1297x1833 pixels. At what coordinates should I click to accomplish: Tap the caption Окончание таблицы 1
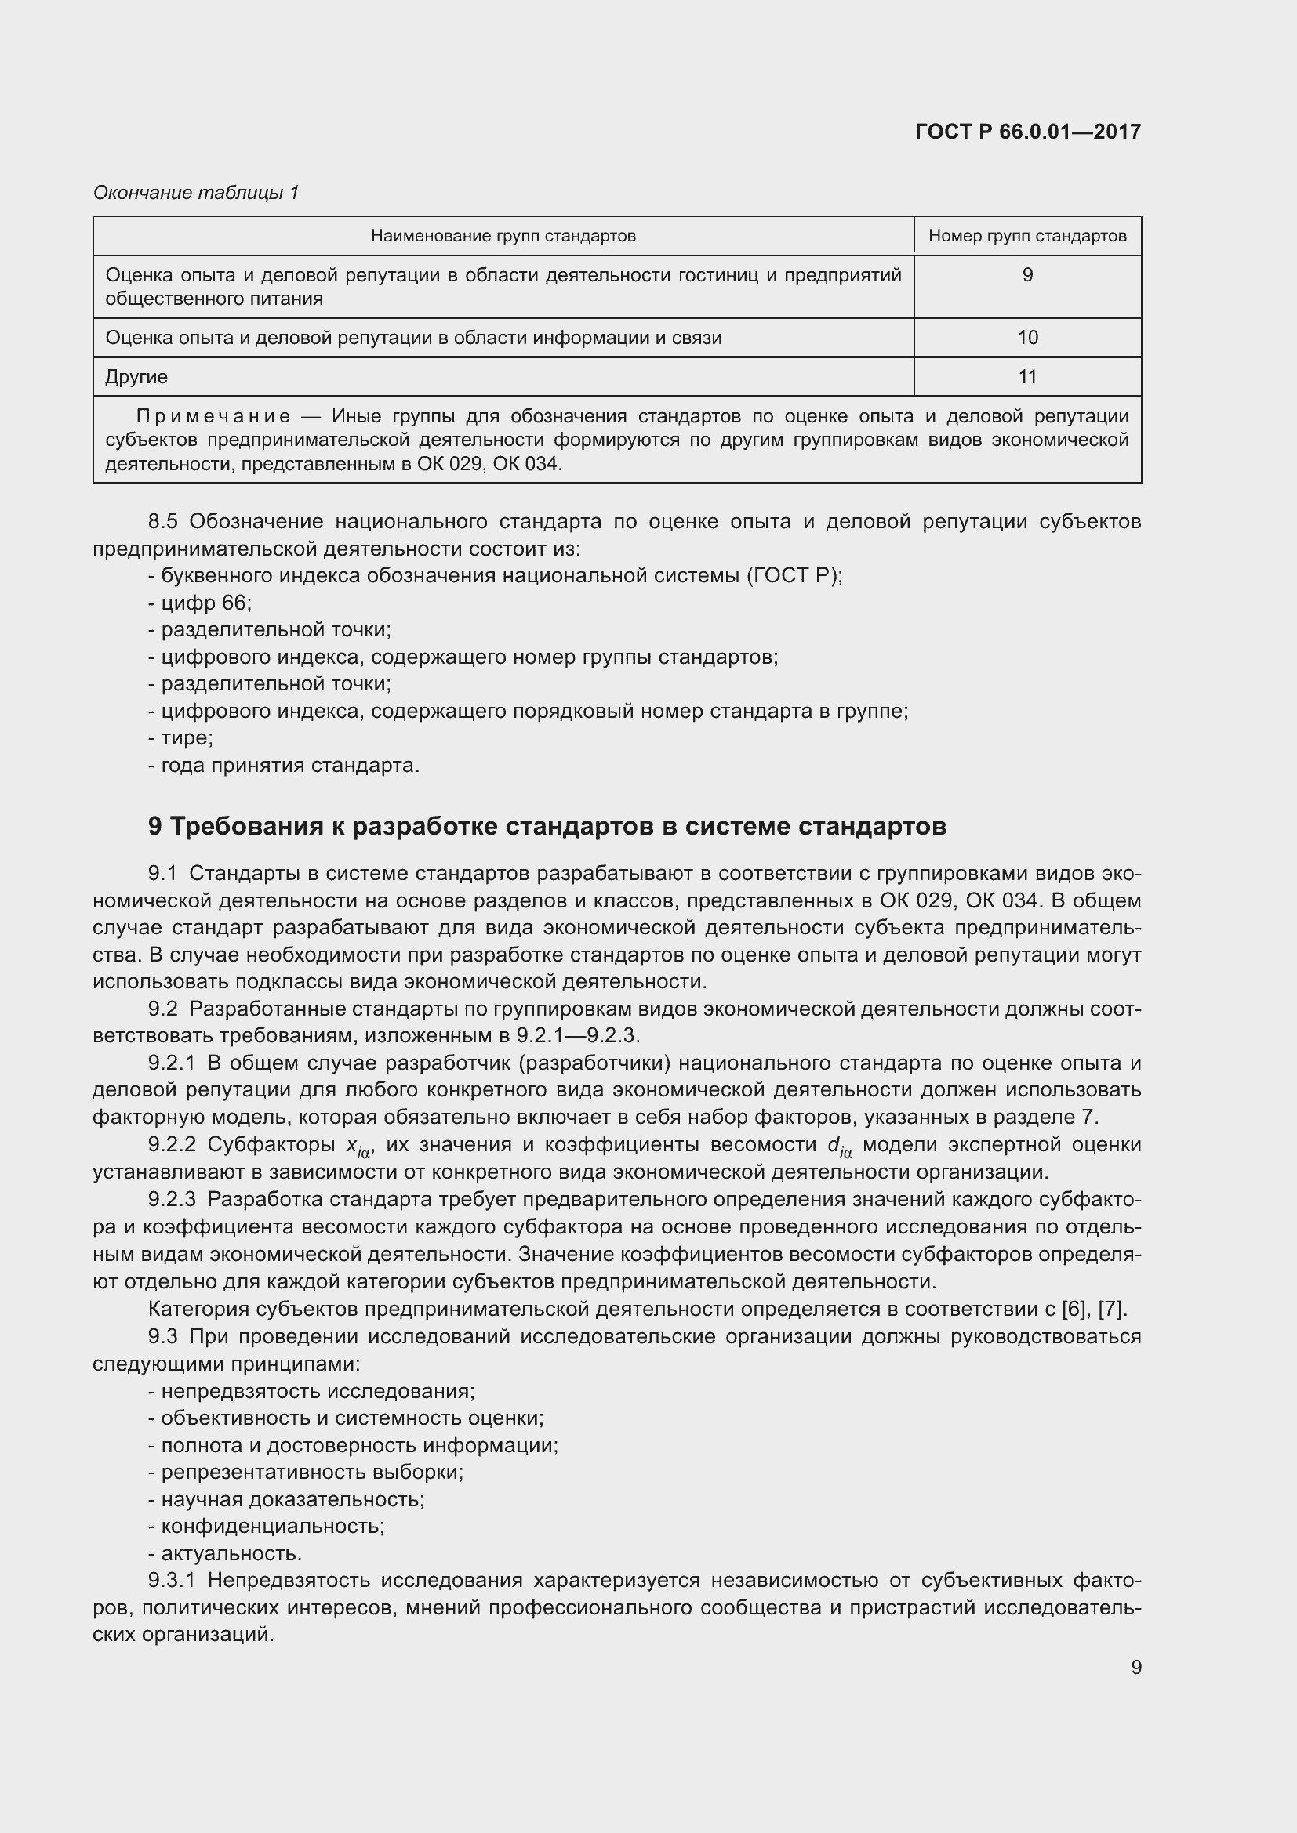pyautogui.click(x=196, y=193)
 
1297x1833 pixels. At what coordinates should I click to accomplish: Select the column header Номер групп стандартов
pyautogui.click(x=1027, y=236)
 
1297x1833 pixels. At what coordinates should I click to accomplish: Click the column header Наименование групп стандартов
pyautogui.click(x=503, y=236)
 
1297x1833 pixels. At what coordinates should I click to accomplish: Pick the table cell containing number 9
pyautogui.click(x=1027, y=275)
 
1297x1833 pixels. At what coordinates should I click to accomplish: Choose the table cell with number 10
pyautogui.click(x=1027, y=338)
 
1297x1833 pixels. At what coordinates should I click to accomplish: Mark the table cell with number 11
pyautogui.click(x=1027, y=377)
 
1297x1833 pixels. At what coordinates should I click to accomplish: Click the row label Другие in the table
pyautogui.click(x=136, y=377)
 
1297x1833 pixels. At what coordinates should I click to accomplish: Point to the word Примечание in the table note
pyautogui.click(x=213, y=417)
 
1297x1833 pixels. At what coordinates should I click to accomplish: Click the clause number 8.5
pyautogui.click(x=162, y=522)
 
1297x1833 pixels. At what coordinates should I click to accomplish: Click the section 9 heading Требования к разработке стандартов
pyautogui.click(x=547, y=826)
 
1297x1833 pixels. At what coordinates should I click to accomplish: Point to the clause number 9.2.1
pyautogui.click(x=172, y=1063)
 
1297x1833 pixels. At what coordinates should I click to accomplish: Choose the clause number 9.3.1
pyautogui.click(x=172, y=1581)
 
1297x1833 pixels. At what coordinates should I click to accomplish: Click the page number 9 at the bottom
pyautogui.click(x=1135, y=1668)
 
